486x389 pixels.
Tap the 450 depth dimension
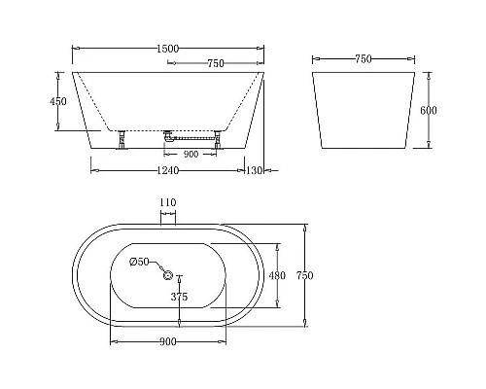pos(58,101)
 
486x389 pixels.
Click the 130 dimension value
pos(256,171)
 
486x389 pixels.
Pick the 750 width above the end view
pos(364,59)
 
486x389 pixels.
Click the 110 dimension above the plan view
pos(166,203)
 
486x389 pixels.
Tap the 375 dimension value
pos(178,298)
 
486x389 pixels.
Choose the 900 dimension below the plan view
pos(166,340)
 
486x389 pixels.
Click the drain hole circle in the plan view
pos(166,276)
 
